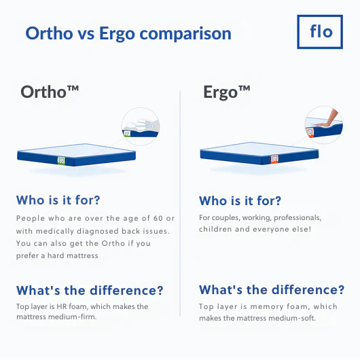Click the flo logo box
pyautogui.click(x=321, y=31)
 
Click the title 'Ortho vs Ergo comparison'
pyautogui.click(x=128, y=33)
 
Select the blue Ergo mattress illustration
pyautogui.click(x=259, y=155)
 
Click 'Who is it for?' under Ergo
pyautogui.click(x=240, y=201)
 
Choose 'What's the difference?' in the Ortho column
pyautogui.click(x=90, y=291)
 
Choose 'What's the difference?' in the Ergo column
pyautogui.click(x=272, y=290)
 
